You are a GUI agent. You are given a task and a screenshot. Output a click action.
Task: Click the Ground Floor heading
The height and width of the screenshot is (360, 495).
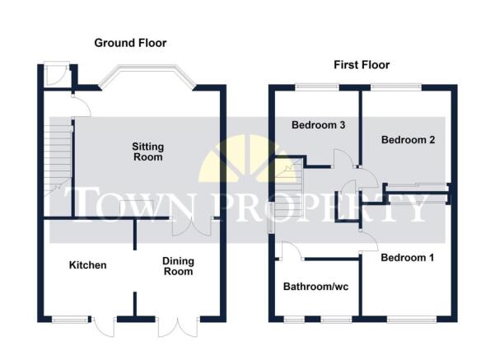[x=130, y=43]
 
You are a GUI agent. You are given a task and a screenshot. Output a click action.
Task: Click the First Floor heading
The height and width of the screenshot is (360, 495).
[x=362, y=65]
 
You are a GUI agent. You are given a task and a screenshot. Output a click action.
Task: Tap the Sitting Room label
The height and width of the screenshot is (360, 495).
[x=147, y=152]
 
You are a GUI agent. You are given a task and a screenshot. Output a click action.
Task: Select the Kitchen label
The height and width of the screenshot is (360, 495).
[x=88, y=265]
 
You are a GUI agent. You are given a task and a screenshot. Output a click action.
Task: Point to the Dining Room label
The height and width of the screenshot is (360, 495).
[x=179, y=266]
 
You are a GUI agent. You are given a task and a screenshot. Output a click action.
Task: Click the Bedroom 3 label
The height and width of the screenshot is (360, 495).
[x=318, y=125]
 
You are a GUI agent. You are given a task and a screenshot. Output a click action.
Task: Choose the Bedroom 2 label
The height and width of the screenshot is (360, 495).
[x=409, y=139]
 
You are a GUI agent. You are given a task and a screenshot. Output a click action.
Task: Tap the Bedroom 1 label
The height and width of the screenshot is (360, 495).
[x=407, y=258]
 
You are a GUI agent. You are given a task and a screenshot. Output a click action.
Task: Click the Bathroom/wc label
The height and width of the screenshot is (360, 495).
[x=315, y=287]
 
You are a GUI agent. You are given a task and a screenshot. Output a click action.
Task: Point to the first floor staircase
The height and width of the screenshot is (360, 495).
[x=289, y=187]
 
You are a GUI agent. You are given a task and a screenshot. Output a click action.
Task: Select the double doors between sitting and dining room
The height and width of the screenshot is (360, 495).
[x=192, y=227]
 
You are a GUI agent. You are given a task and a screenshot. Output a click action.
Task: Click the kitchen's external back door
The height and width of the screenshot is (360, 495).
[x=104, y=327]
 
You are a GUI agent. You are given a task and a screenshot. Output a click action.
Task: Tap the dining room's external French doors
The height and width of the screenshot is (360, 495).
[x=179, y=327]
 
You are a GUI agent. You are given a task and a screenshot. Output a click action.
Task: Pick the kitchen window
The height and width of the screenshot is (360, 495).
[x=70, y=320]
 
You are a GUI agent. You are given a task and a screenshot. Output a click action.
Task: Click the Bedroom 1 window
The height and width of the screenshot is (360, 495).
[x=412, y=320]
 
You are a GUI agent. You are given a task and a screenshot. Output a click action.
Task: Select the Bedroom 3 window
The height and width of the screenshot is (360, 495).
[x=317, y=87]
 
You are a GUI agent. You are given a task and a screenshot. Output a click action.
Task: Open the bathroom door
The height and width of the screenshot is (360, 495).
[x=292, y=251]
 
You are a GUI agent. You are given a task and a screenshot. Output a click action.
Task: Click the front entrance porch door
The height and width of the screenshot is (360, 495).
[x=57, y=74]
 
